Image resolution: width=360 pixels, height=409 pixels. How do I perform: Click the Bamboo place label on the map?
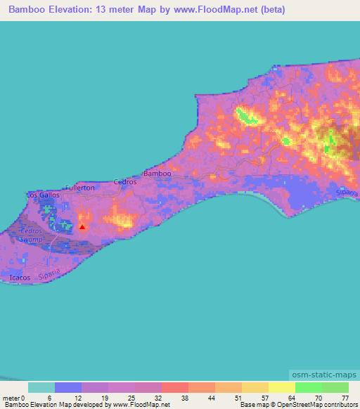click(x=157, y=173)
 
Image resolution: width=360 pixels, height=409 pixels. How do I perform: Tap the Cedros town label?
click(x=125, y=181)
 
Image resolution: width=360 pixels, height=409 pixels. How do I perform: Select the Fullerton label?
click(x=79, y=188)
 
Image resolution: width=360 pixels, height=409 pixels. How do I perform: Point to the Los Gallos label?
click(x=43, y=194)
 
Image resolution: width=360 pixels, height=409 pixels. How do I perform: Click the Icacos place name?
click(x=20, y=278)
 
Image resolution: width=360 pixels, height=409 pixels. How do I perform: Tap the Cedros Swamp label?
click(x=32, y=235)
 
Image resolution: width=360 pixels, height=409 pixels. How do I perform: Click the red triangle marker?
click(x=82, y=226)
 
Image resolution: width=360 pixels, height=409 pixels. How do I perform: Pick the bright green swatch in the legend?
click(x=309, y=387)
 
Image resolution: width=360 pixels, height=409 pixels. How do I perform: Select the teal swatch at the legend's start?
click(x=41, y=387)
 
